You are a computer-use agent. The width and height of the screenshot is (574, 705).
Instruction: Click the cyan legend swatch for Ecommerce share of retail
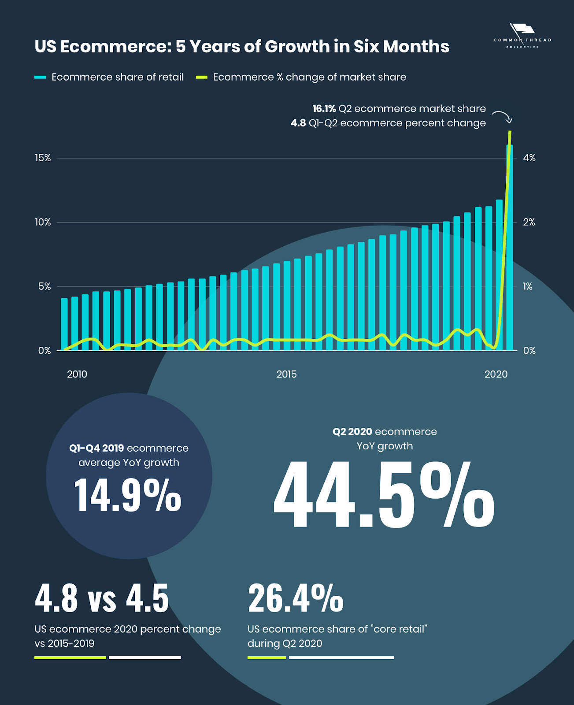click(x=40, y=78)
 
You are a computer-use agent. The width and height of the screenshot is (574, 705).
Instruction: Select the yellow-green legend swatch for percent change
click(x=201, y=78)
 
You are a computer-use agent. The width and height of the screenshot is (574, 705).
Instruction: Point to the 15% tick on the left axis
click(x=43, y=158)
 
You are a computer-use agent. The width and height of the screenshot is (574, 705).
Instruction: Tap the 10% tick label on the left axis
click(x=43, y=223)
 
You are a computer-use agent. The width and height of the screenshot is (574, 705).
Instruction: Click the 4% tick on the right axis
click(x=529, y=158)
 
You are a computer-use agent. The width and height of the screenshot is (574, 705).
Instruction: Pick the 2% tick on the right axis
click(x=529, y=223)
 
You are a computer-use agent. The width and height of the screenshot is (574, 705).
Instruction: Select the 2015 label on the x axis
click(x=286, y=375)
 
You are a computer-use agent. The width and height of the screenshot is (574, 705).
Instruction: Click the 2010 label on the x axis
click(x=77, y=375)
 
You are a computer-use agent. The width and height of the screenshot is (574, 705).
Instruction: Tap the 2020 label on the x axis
click(x=496, y=375)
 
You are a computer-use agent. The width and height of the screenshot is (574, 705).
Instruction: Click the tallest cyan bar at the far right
click(x=510, y=247)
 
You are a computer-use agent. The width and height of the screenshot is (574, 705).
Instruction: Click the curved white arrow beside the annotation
click(x=503, y=116)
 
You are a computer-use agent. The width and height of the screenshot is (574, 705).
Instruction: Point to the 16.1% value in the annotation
click(x=324, y=109)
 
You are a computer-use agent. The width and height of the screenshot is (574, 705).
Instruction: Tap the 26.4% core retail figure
click(x=295, y=598)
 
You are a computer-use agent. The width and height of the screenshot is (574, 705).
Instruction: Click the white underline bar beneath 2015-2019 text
click(x=145, y=657)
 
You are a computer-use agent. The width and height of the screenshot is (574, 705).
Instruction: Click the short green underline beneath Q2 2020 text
click(x=267, y=657)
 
